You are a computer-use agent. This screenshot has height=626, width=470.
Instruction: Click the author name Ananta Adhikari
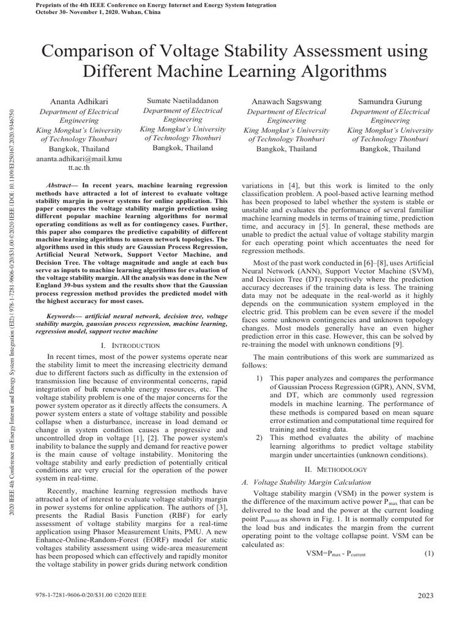73,100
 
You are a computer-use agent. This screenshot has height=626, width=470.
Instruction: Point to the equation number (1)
428,553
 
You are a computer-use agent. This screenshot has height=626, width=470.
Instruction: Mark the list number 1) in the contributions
259,378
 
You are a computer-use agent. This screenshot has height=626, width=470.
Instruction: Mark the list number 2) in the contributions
259,438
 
